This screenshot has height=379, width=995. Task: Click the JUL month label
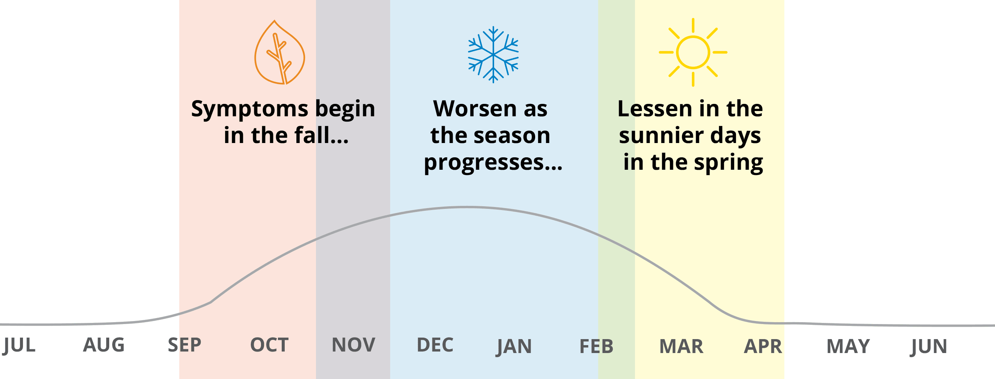[19, 345]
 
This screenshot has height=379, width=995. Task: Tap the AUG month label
[104, 345]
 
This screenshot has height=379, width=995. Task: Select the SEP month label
[184, 345]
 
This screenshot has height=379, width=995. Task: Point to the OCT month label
[269, 345]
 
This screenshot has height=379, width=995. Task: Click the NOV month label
[353, 345]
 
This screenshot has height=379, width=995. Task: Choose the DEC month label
[435, 345]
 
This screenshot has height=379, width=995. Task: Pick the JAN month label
[514, 346]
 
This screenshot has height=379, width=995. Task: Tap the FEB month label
[597, 346]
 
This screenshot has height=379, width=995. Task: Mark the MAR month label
[681, 346]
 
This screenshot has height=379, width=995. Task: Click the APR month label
[763, 346]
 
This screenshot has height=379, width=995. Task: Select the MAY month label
[848, 346]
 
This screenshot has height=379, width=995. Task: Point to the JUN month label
[929, 346]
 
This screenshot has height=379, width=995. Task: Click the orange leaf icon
[280, 52]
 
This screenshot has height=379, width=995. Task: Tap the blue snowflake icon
[493, 54]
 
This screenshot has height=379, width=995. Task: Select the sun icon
[693, 52]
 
